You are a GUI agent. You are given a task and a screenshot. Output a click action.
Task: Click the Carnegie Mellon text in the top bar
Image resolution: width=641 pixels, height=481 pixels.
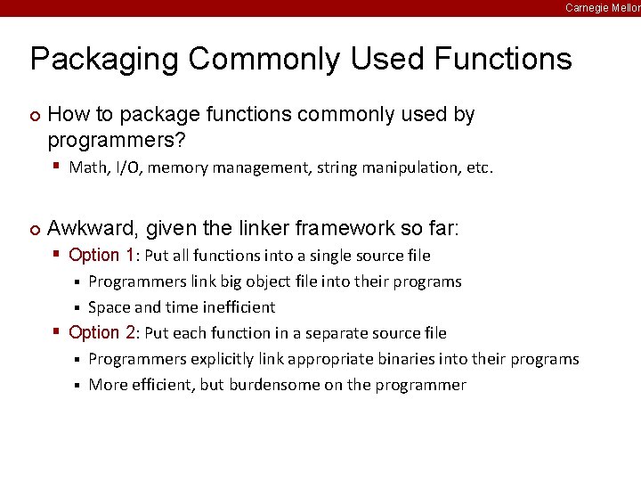click(603, 7)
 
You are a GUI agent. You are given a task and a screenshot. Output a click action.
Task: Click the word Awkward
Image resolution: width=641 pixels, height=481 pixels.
click(88, 229)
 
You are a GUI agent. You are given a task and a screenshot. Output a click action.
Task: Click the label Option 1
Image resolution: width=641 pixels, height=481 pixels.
click(101, 256)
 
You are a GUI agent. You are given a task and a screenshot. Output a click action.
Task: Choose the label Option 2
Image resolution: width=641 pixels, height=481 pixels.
click(101, 333)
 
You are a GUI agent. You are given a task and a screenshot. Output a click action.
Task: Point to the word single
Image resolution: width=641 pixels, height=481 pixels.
click(322, 257)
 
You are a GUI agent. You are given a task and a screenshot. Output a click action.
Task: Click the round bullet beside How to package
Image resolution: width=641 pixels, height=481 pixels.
click(35, 115)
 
